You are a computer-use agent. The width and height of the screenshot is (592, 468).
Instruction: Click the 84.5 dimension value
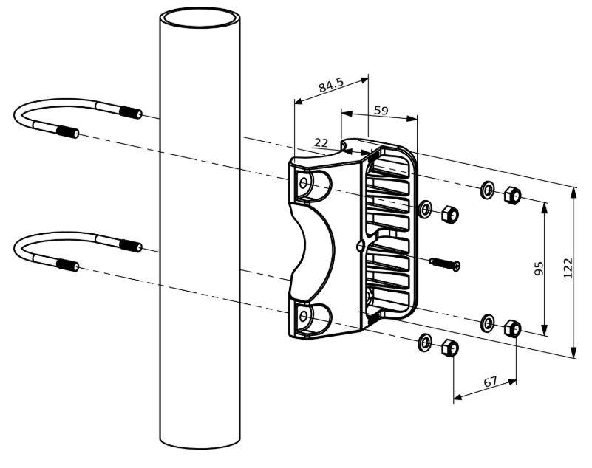coord(331,85)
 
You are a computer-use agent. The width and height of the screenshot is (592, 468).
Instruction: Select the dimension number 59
coord(381,110)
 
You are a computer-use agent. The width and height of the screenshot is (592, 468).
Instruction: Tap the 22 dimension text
coord(321,142)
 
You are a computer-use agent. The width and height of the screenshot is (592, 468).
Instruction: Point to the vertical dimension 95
coord(539,268)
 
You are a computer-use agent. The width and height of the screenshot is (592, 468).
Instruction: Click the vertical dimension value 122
coord(568,268)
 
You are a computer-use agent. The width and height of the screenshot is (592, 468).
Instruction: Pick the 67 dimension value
coord(491,382)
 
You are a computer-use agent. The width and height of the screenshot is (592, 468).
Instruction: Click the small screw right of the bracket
coord(445,264)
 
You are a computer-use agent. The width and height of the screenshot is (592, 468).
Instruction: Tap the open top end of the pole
coord(200,18)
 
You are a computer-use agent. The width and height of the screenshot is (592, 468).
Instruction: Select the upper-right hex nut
coord(512,194)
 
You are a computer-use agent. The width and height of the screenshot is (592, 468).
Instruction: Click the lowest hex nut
coord(449,348)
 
